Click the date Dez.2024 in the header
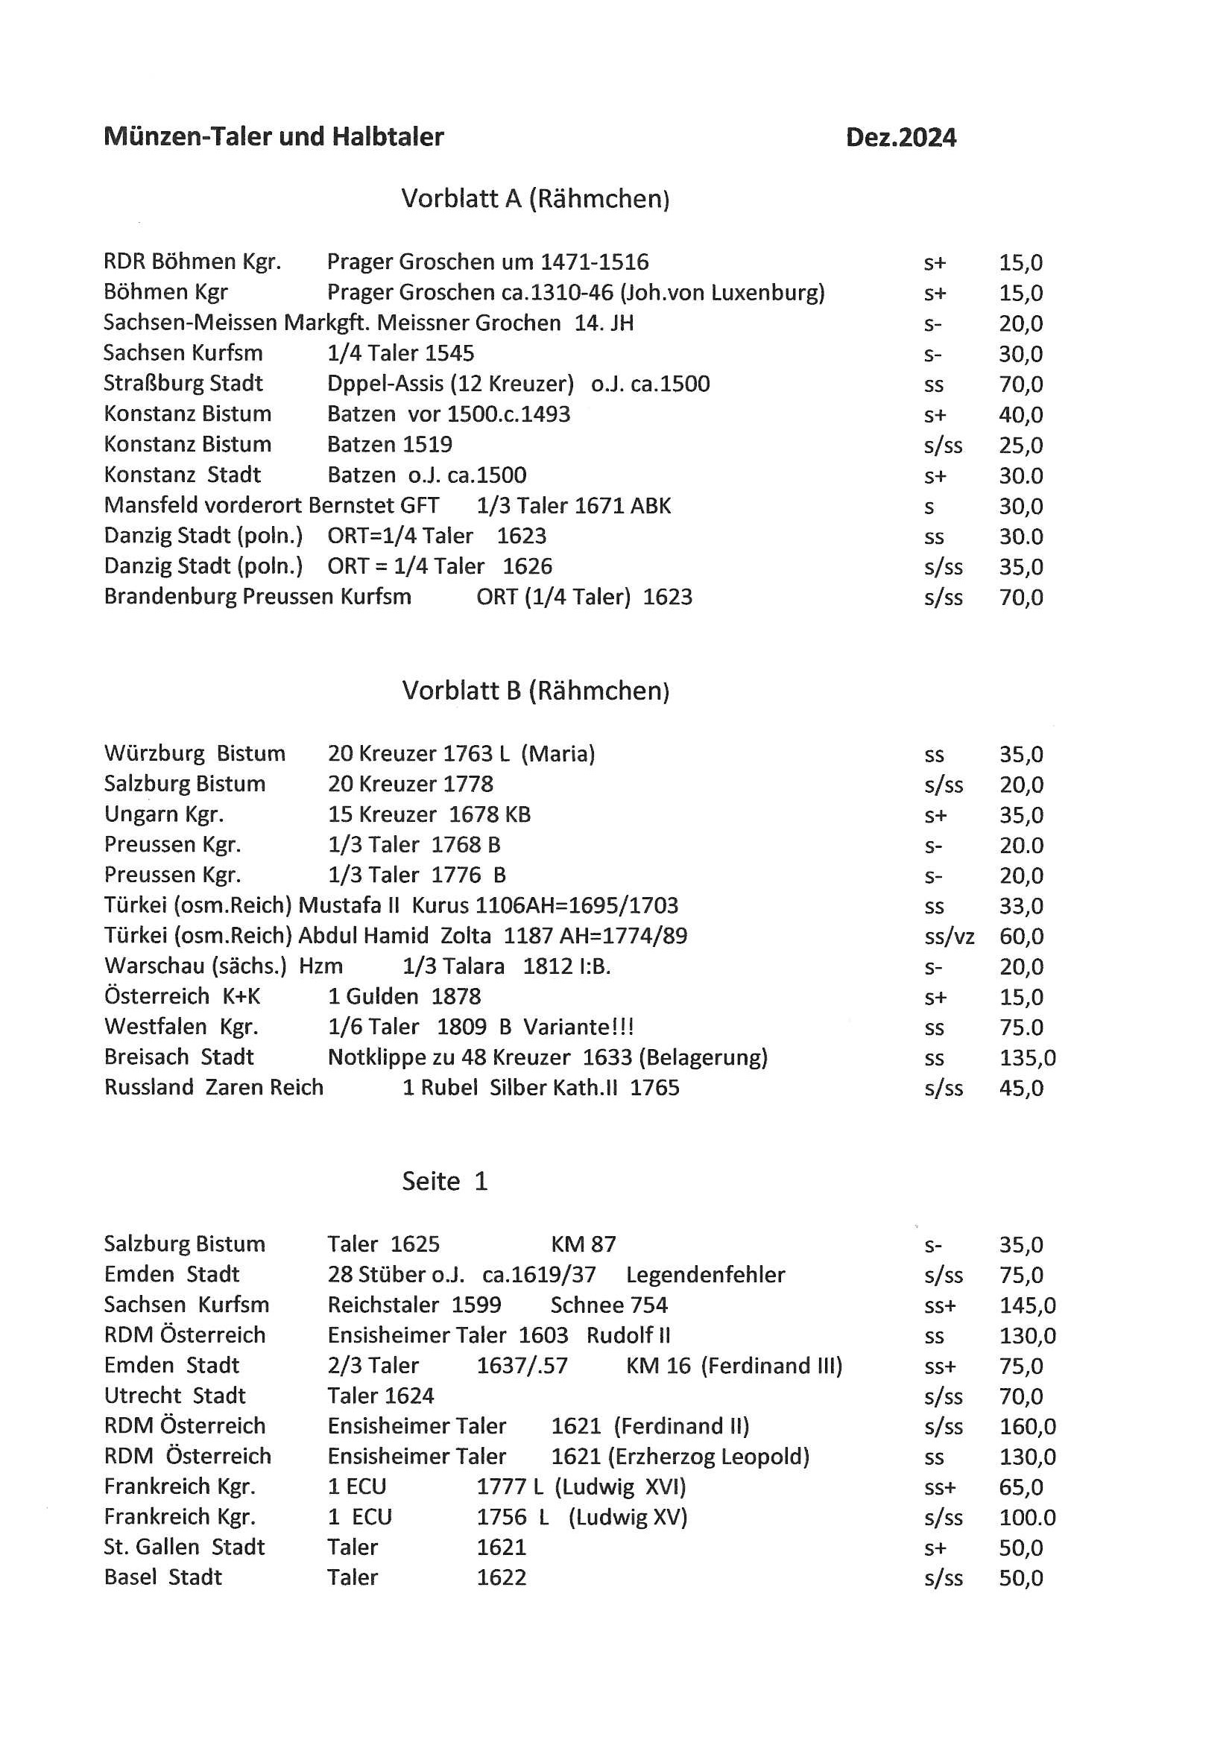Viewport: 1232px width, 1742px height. pos(900,137)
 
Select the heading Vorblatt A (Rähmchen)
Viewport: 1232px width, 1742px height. pos(535,199)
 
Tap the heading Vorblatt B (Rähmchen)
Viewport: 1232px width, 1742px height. pos(535,691)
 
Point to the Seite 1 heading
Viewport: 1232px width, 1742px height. pos(444,1181)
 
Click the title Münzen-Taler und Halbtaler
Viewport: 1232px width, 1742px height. pos(274,136)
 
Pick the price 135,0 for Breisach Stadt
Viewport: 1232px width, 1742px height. pos(1027,1058)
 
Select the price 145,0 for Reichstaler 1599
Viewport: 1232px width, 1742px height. pos(1027,1305)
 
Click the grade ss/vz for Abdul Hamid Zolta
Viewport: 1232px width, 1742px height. pos(949,937)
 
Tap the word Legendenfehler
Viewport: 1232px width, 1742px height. pos(705,1275)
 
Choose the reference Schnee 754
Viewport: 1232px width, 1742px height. pos(609,1305)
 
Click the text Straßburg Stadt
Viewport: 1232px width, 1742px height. pos(183,383)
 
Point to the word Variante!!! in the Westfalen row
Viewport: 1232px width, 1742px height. pos(578,1027)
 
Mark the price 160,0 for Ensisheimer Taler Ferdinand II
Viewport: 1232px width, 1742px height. pos(1027,1426)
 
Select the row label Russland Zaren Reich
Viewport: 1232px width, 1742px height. pos(213,1087)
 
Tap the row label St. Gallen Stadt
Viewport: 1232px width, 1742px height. pos(184,1547)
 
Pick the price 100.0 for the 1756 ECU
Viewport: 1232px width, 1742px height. pos(1027,1518)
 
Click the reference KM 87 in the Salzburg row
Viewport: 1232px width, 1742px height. pos(583,1244)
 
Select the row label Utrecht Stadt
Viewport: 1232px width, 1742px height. pos(174,1396)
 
